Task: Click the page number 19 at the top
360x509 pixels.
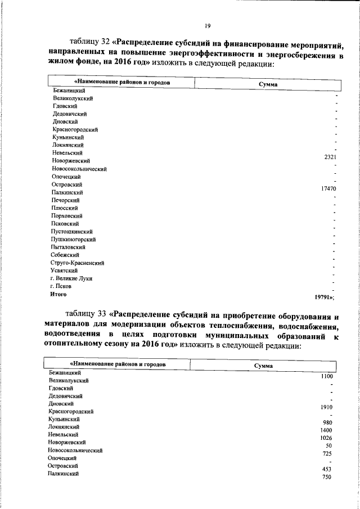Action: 208,25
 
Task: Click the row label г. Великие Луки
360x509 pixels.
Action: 71,278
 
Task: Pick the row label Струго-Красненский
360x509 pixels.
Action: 77,263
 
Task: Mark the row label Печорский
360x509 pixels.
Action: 65,200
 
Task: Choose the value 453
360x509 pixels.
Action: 327,469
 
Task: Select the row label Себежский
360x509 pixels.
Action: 65,255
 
